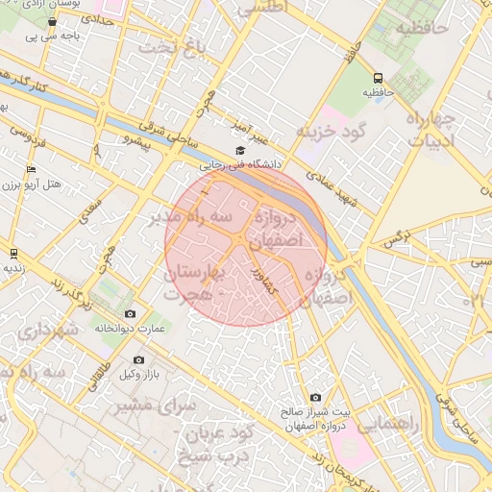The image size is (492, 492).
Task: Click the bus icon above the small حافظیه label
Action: [x=378, y=78]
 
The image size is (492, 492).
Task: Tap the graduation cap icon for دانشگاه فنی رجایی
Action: [x=240, y=150]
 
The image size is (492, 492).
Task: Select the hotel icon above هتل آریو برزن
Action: [x=31, y=169]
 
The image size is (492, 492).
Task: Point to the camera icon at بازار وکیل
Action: [x=138, y=360]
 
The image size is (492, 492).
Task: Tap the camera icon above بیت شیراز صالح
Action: [x=316, y=397]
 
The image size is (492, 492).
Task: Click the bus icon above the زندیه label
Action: [x=13, y=253]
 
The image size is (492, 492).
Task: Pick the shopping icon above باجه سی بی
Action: [x=52, y=21]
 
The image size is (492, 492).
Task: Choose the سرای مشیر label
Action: [x=157, y=406]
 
